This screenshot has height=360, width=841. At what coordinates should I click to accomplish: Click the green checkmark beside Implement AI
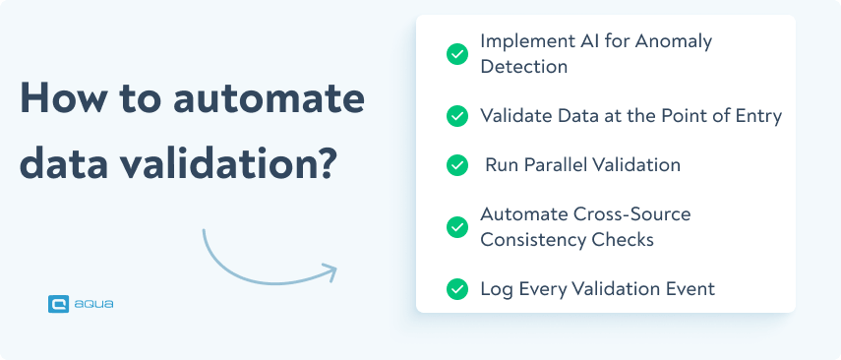456,54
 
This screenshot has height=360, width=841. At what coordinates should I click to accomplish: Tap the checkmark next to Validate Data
456,116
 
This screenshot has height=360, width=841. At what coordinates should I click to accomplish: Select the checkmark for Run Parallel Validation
456,165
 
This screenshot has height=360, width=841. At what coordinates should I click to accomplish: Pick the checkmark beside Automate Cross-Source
456,226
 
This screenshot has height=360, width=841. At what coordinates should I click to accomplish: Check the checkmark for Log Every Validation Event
456,289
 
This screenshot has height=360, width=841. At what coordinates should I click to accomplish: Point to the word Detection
524,67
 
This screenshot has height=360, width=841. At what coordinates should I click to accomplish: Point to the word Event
690,289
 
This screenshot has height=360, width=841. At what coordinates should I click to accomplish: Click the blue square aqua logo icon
58,305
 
